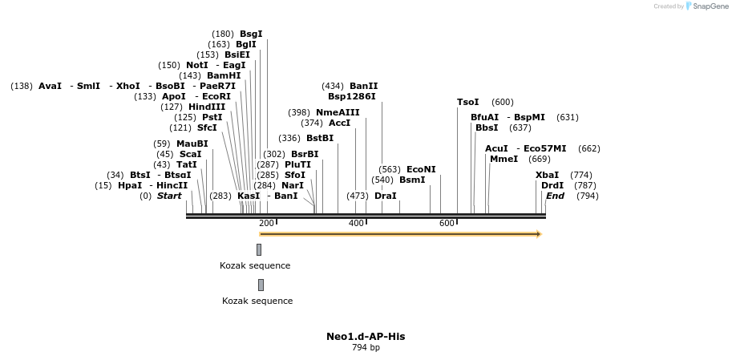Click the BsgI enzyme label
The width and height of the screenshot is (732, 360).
click(251, 34)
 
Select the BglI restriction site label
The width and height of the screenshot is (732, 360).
click(245, 44)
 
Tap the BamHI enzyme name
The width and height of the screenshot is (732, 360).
click(224, 75)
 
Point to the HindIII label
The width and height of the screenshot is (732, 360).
click(207, 107)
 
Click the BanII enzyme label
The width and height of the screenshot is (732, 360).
click(363, 86)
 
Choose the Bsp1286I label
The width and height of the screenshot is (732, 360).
click(351, 96)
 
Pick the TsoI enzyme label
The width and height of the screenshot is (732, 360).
click(467, 102)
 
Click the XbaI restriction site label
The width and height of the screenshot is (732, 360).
click(547, 175)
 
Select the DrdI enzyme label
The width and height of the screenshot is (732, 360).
click(552, 185)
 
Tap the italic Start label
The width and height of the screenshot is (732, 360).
click(169, 196)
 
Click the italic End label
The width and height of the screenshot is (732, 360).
click(555, 196)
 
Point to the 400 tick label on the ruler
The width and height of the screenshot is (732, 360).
click(357, 223)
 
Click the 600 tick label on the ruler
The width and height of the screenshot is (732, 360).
click(447, 223)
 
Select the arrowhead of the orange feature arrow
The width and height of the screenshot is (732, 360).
click(539, 234)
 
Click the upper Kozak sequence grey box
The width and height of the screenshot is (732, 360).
click(259, 249)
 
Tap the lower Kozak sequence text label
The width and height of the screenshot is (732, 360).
click(257, 301)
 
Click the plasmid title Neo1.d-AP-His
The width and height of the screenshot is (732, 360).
click(366, 336)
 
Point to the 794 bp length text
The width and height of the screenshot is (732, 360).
click(366, 347)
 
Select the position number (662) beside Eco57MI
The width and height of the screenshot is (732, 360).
click(588, 148)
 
